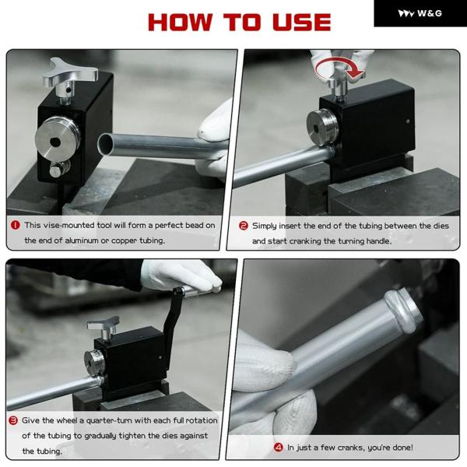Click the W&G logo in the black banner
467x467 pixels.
[420, 13]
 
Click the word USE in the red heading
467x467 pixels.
[302, 22]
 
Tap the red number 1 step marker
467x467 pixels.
[16, 225]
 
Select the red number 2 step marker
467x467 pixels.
[244, 226]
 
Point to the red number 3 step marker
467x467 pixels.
[13, 420]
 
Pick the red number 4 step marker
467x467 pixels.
[278, 447]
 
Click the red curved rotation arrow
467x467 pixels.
[339, 68]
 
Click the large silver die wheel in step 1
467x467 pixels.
[57, 139]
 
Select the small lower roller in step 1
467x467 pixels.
[60, 169]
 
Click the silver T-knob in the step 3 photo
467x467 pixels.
[104, 328]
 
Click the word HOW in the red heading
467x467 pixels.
[181, 22]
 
